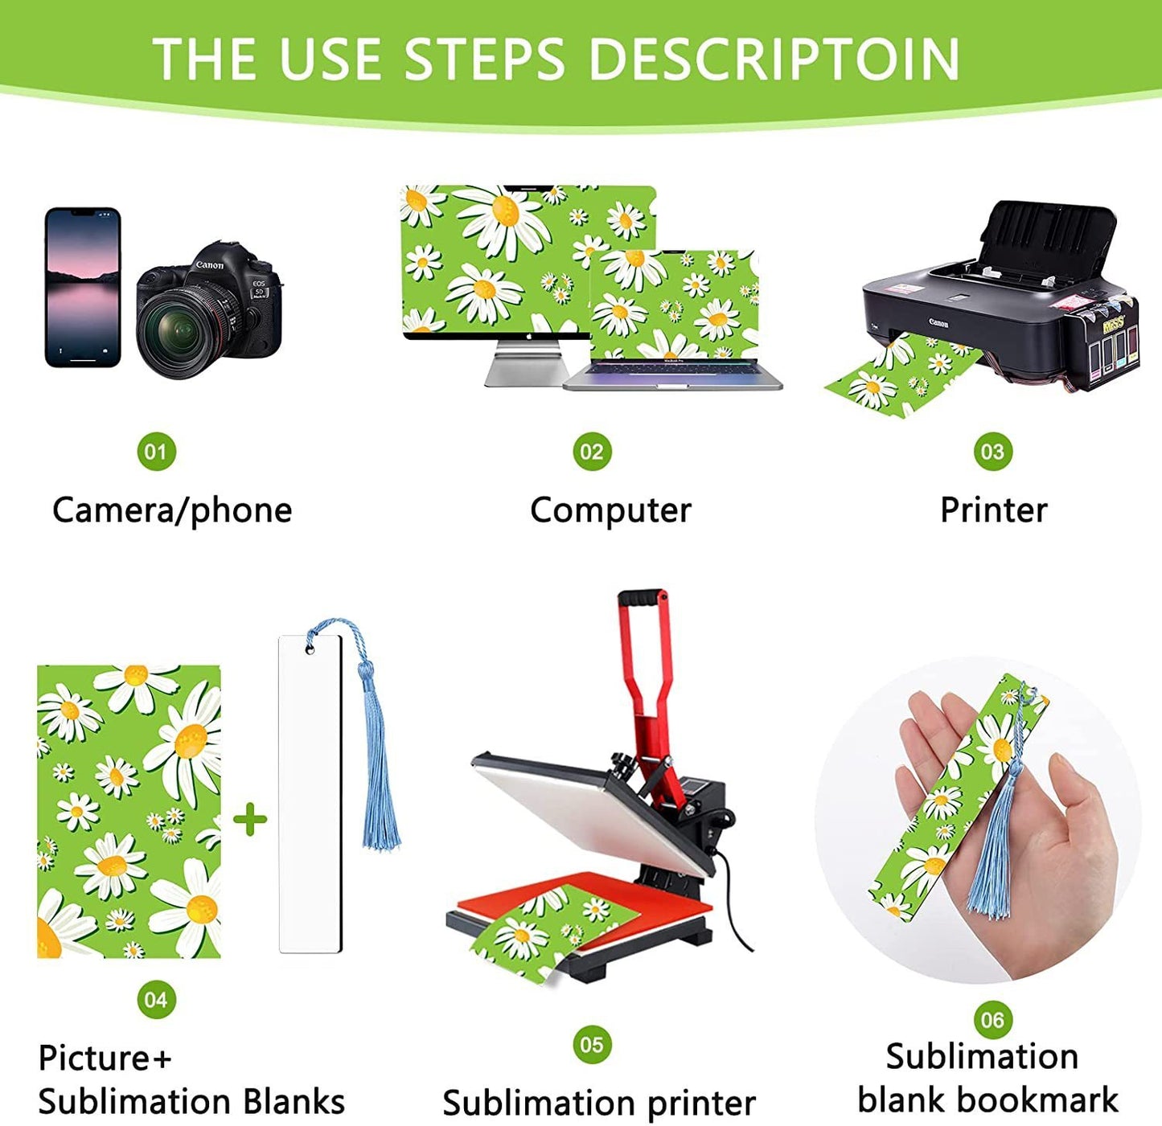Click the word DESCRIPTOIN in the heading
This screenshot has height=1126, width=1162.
pyautogui.click(x=774, y=59)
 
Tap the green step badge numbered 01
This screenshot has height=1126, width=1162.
pyautogui.click(x=157, y=452)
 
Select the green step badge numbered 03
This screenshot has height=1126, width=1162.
pyautogui.click(x=992, y=452)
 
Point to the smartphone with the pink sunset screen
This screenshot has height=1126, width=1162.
pyautogui.click(x=83, y=288)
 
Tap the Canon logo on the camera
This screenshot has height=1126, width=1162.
pyautogui.click(x=210, y=265)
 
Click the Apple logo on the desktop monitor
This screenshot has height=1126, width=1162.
pyautogui.click(x=528, y=336)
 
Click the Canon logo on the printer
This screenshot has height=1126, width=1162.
pyautogui.click(x=938, y=323)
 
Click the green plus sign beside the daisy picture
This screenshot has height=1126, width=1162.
pyautogui.click(x=250, y=819)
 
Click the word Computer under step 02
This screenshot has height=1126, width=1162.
pyautogui.click(x=610, y=511)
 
